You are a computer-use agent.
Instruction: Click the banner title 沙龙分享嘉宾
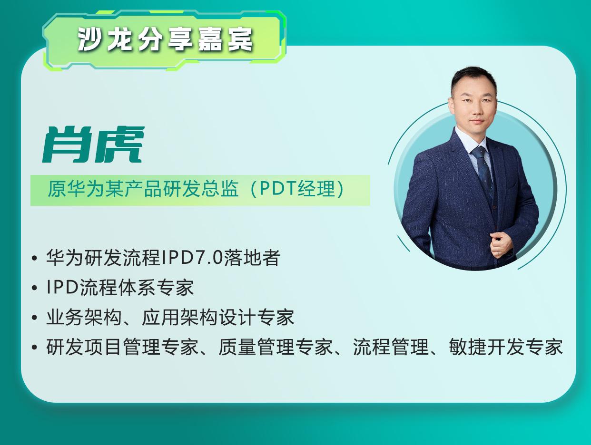click(165, 40)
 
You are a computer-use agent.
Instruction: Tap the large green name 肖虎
click(93, 145)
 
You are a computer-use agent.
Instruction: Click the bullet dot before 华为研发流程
click(34, 258)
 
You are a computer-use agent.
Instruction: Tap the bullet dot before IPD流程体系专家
click(34, 288)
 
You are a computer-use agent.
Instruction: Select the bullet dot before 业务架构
click(34, 318)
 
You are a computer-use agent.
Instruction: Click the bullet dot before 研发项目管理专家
click(34, 347)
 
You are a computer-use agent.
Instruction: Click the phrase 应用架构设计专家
click(218, 317)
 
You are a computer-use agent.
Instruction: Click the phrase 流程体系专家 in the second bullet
click(137, 288)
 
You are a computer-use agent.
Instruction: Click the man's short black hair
click(473, 77)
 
